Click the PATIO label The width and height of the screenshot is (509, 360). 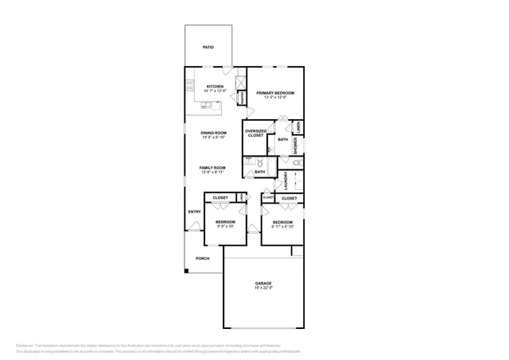point(208,47)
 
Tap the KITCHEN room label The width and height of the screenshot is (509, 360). point(215,87)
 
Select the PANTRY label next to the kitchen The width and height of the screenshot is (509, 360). point(241,96)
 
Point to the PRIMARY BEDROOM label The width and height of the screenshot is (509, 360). point(275,93)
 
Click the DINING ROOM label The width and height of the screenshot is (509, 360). point(213,133)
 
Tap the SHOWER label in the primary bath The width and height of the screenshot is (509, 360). point(295,145)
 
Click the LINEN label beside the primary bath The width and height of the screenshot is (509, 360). point(299,126)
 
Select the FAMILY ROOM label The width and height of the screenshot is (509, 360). point(213,168)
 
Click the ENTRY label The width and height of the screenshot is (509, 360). point(194,211)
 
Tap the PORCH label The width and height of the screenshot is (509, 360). point(203,258)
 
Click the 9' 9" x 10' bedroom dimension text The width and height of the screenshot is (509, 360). point(225,227)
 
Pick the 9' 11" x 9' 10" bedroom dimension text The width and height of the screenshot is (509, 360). point(282,227)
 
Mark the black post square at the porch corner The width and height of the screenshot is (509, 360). point(187,272)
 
